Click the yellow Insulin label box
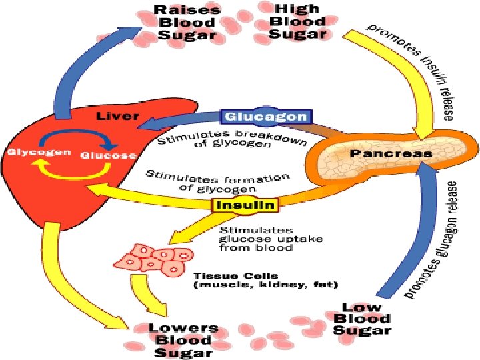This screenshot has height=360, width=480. click(243, 205)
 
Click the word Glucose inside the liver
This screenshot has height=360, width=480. click(109, 155)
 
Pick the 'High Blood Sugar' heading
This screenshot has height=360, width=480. click(301, 21)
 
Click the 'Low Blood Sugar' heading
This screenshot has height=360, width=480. click(363, 318)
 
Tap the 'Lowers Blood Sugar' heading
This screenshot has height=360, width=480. click(183, 339)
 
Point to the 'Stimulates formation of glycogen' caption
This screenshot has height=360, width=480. click(217, 182)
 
